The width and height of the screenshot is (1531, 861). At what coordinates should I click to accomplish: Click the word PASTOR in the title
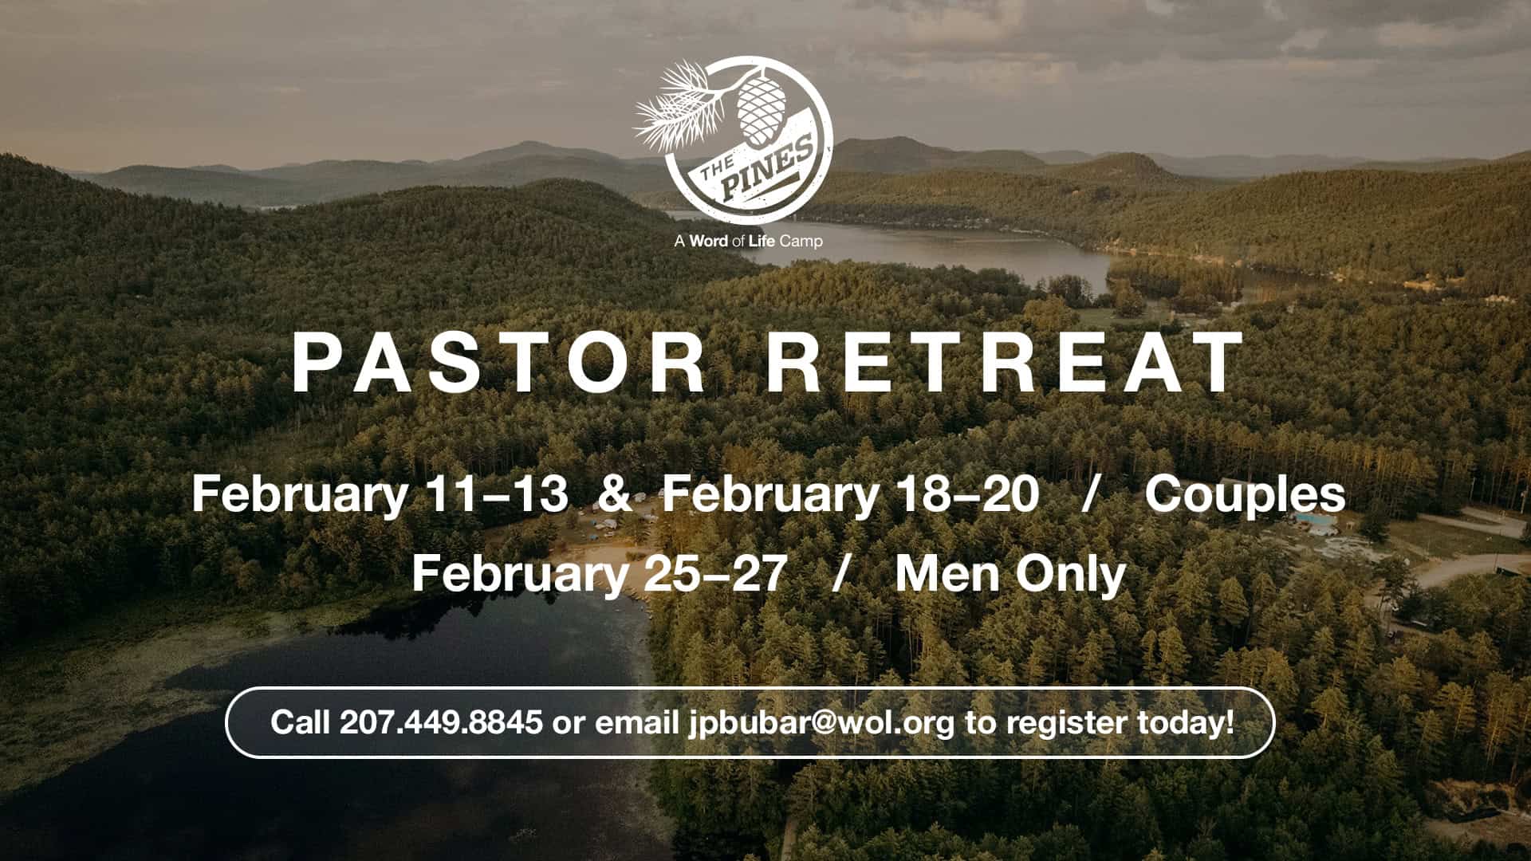click(498, 363)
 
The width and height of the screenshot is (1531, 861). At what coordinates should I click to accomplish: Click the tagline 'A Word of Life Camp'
click(748, 240)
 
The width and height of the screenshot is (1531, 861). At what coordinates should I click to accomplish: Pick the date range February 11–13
click(380, 495)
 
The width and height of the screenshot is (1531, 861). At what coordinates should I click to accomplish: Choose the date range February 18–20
click(851, 495)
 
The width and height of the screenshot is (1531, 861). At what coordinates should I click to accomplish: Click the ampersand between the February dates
click(615, 494)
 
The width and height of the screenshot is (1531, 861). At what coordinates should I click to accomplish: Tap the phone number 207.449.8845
click(441, 722)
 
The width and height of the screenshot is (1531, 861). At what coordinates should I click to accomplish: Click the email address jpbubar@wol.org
click(821, 723)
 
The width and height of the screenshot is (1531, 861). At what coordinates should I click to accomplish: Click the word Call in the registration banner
click(300, 722)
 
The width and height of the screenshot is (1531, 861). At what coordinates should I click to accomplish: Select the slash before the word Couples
click(1090, 494)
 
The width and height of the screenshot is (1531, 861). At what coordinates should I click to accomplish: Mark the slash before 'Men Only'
click(838, 574)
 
